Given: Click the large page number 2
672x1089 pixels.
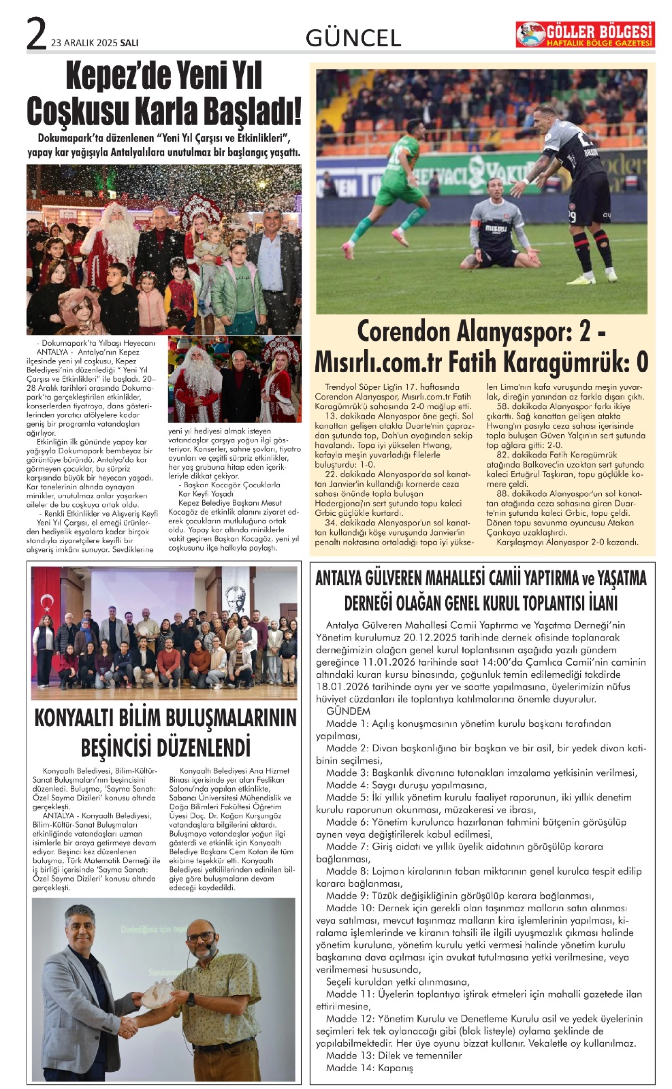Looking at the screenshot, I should (x=36, y=34).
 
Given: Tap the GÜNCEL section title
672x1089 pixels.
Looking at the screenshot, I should (x=353, y=38).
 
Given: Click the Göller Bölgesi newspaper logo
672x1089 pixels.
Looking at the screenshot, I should (x=585, y=35).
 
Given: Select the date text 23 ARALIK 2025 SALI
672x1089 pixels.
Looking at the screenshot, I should (x=95, y=43).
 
